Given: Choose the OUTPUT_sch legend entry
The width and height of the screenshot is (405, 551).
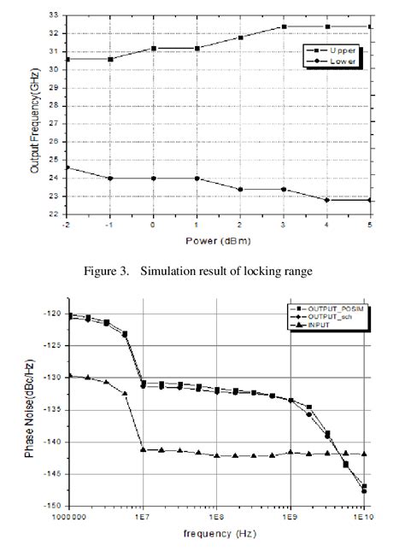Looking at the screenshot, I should pos(334,316).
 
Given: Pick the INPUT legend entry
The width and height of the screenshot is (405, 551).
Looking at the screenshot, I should pos(326,325).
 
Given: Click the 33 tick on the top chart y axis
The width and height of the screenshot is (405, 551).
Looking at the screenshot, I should pos(54,15).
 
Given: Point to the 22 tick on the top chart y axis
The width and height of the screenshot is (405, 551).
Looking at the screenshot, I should pos(54,214).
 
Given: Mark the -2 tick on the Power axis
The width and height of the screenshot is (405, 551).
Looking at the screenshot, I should pos(67,225).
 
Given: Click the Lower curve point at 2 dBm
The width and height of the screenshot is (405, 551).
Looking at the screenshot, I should pos(240,190).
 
